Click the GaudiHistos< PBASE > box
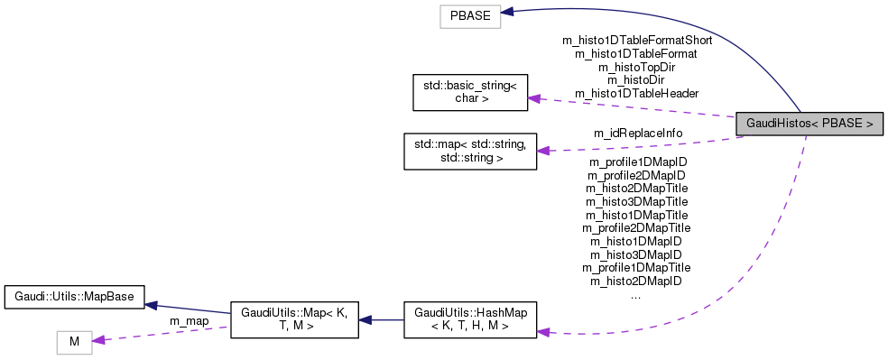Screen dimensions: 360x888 point(809,123)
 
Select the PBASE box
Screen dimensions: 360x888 point(470,16)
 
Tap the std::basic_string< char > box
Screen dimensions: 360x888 point(469,91)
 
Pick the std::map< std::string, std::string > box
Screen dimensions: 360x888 point(469,152)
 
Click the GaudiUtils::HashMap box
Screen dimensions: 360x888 point(469,319)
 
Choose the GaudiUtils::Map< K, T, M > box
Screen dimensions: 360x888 point(295,319)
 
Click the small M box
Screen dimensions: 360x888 point(75,342)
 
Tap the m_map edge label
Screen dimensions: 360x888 point(190,321)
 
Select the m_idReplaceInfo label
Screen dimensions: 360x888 point(637,134)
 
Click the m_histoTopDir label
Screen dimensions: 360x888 point(637,67)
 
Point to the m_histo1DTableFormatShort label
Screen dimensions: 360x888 point(637,40)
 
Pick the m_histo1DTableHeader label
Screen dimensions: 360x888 point(637,93)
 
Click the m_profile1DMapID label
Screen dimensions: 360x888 point(637,162)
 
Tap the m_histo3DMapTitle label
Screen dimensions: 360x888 point(637,201)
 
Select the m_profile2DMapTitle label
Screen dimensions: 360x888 point(637,228)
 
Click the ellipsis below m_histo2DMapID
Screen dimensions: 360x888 point(635,295)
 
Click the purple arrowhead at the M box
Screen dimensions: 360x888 point(99,339)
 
